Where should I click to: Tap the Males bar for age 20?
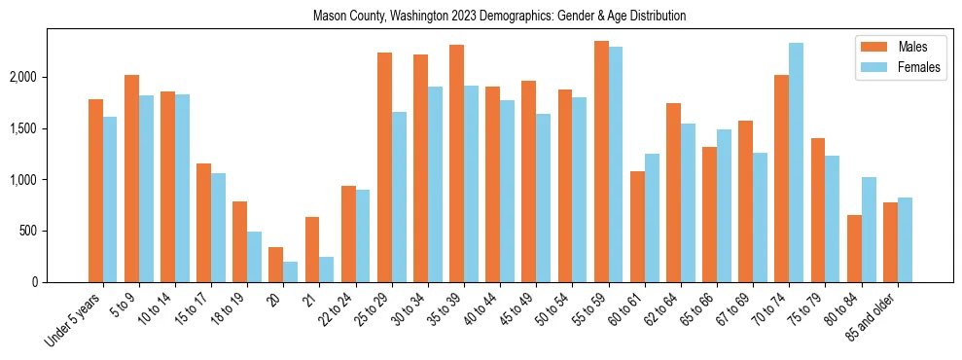(x=276, y=265)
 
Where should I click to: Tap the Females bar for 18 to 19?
(x=255, y=257)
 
